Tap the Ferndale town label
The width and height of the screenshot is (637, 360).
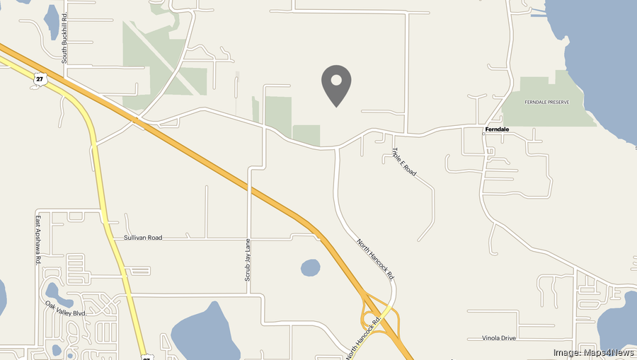tap(497, 129)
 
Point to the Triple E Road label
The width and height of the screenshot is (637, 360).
tap(404, 163)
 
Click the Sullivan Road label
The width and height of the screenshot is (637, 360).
tap(143, 238)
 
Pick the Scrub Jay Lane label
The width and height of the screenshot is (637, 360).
tap(248, 260)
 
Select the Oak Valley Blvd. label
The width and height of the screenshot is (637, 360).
tap(65, 309)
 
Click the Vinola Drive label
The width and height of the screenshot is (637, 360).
tap(499, 338)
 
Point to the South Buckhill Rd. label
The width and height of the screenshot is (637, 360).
tap(64, 37)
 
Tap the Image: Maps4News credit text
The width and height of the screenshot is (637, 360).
tap(593, 352)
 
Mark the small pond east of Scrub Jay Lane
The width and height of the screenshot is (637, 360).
tap(310, 267)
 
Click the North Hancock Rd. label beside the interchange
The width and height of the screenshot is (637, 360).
tap(364, 336)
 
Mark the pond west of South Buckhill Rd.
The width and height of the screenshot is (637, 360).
tap(52, 23)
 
